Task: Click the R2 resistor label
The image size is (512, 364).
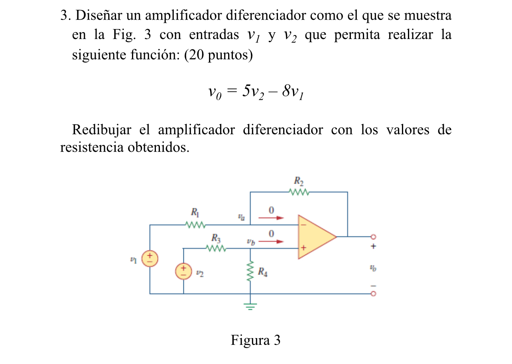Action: tap(299, 182)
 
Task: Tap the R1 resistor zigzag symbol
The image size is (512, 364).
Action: tap(195, 225)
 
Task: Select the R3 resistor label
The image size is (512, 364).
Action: tap(216, 239)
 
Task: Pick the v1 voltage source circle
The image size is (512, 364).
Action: tap(150, 258)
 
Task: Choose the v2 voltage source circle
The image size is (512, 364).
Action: tap(183, 272)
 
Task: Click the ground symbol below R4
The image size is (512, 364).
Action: tap(250, 306)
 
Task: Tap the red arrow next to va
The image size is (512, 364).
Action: tap(271, 218)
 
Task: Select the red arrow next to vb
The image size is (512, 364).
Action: tap(271, 241)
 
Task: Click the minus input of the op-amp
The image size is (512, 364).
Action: tap(303, 225)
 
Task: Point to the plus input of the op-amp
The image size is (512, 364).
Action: tap(303, 248)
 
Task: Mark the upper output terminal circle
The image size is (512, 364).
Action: tap(373, 237)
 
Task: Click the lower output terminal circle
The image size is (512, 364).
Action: tap(373, 294)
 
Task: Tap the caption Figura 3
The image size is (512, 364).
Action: tap(256, 341)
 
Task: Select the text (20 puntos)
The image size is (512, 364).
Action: tap(219, 55)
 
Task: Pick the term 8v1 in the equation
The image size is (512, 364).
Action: tap(293, 92)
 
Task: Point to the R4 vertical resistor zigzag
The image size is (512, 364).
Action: tap(250, 271)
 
